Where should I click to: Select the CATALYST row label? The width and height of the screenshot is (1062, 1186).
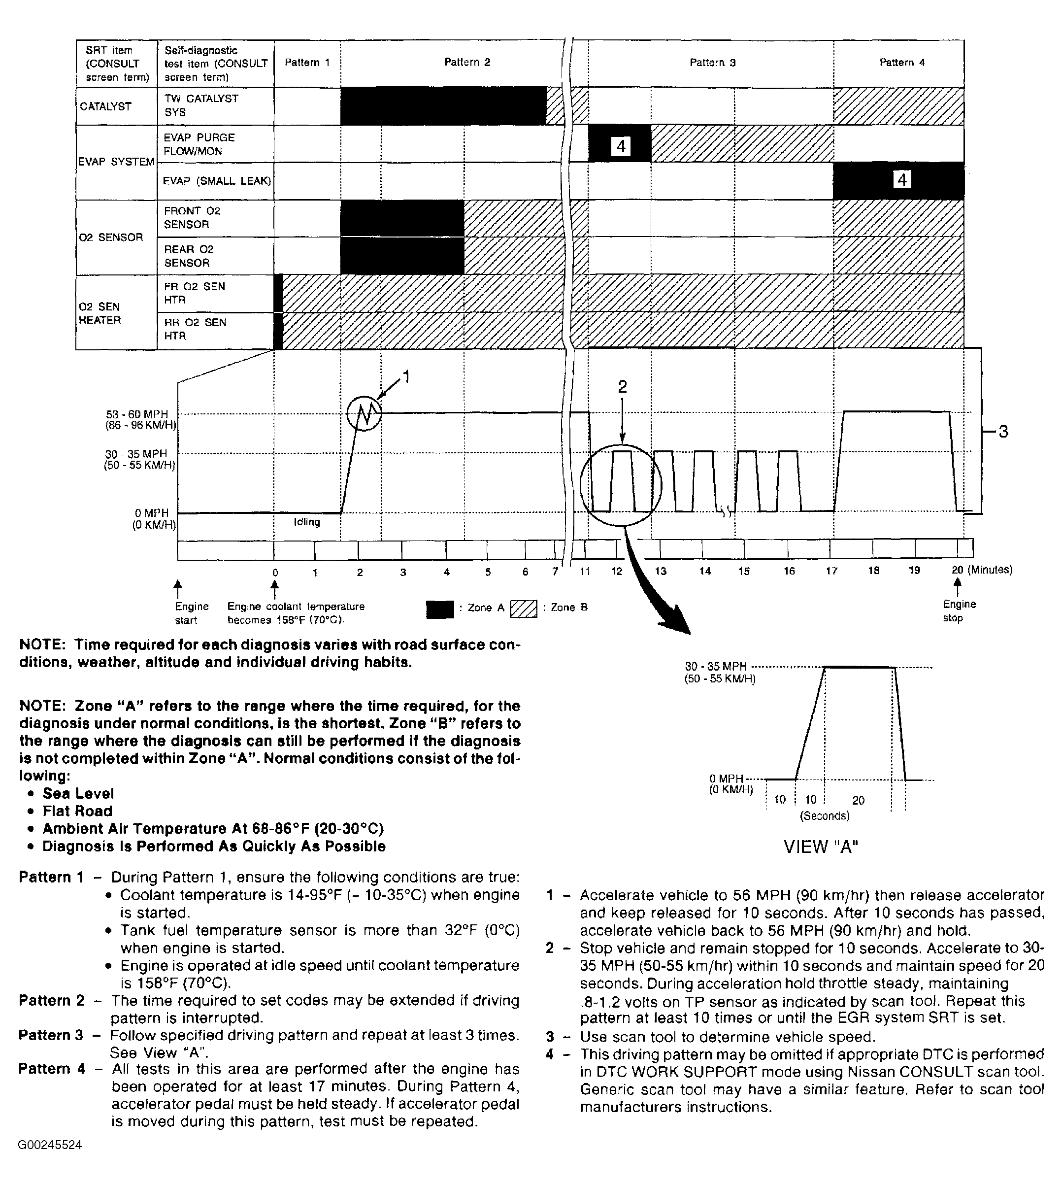[105, 106]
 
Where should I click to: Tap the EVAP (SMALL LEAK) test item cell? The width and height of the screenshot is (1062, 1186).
[216, 181]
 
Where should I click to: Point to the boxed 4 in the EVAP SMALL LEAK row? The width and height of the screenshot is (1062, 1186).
[901, 180]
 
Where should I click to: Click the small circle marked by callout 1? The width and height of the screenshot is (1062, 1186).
[364, 413]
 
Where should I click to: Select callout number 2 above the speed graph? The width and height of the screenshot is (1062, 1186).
[623, 386]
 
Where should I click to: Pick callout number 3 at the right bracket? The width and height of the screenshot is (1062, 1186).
[1003, 432]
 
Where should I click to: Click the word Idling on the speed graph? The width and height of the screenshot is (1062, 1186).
[307, 522]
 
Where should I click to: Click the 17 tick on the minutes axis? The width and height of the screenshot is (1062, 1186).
[831, 571]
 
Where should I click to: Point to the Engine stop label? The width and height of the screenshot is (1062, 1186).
[959, 610]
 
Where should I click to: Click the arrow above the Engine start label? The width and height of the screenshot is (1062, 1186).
[178, 586]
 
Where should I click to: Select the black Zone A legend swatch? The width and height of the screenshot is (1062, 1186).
[440, 609]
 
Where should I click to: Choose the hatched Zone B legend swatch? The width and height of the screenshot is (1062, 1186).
[524, 609]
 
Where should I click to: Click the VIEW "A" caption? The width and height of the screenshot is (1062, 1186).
[821, 847]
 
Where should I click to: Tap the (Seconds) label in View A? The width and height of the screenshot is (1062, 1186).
[825, 815]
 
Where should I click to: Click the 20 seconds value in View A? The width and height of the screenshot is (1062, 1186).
[859, 800]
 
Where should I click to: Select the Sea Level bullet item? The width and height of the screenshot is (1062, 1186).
[78, 793]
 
